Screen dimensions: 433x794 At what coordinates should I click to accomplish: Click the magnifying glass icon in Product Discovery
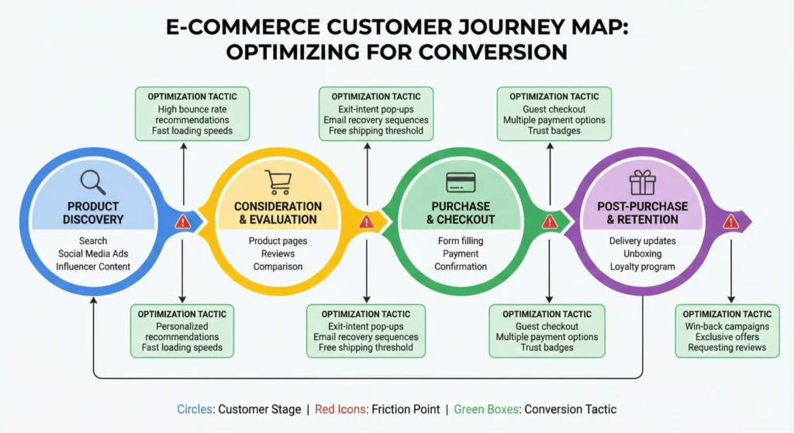pos(93,182)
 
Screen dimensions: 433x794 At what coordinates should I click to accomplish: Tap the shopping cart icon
pos(278,182)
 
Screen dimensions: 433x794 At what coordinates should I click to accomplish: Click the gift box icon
pos(642,182)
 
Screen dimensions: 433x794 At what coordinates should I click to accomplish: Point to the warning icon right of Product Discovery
pos(182,222)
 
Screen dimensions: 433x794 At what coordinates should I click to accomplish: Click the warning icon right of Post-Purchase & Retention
pos(730,222)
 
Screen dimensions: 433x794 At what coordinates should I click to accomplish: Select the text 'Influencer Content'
pos(93,266)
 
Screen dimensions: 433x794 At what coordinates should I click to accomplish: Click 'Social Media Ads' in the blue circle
pos(93,254)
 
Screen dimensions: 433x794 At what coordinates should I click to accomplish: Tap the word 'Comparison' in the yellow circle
pos(278,266)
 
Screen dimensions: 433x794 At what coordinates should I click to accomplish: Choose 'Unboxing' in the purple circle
pos(642,254)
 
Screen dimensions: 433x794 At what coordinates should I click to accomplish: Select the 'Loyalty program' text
pos(642,266)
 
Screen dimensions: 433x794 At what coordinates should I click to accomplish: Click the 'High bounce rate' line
pos(193,109)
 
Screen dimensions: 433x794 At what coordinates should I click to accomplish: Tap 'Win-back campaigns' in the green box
pos(727,326)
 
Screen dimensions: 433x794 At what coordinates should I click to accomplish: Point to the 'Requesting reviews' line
pos(727,348)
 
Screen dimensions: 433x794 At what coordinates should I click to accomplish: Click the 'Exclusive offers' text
pos(727,337)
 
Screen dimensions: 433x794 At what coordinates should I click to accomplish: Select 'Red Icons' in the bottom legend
pos(336,409)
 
